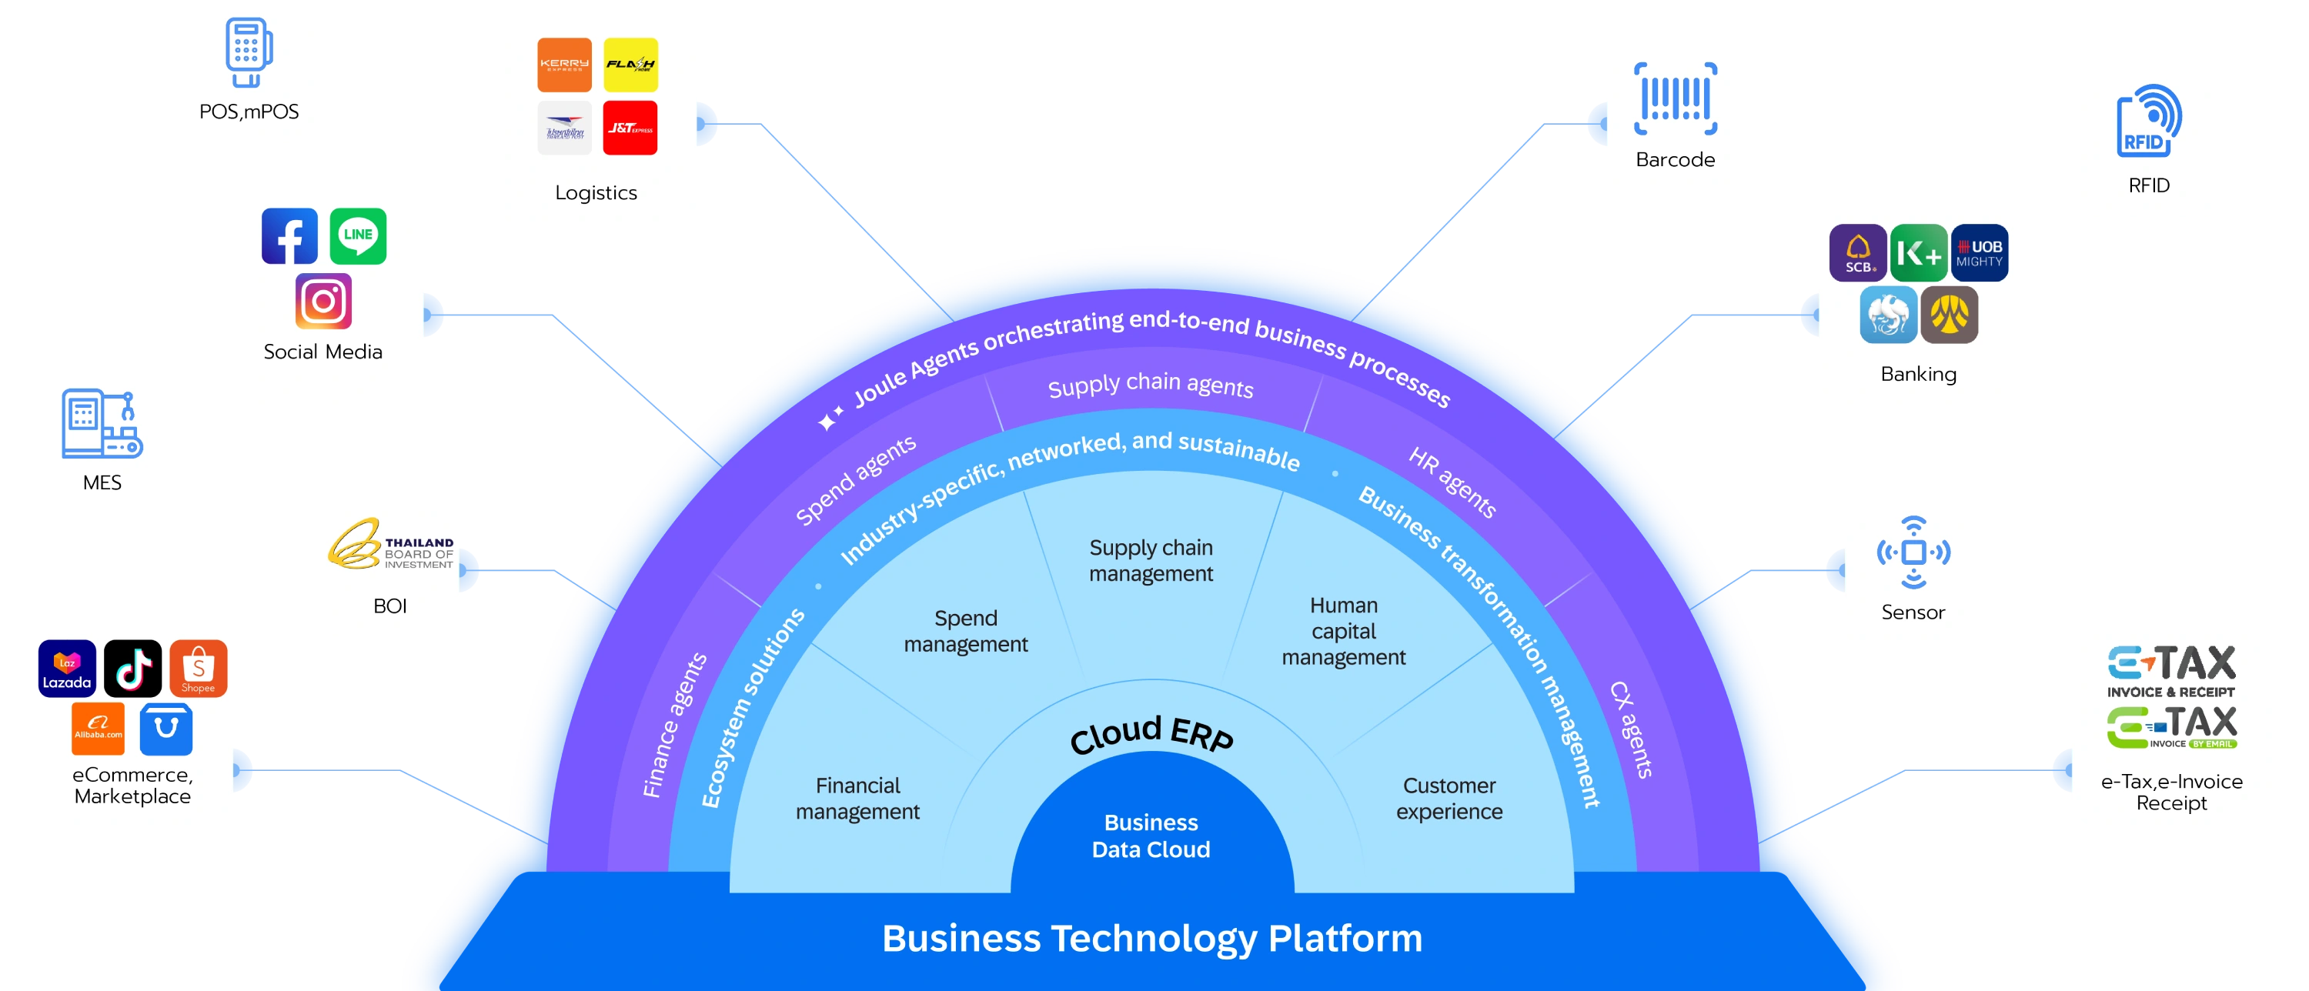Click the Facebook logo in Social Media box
click(289, 235)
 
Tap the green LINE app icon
click(358, 235)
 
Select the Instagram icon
click(322, 301)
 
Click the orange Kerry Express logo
click(564, 65)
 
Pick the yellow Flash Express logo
click(630, 65)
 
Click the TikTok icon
click(132, 669)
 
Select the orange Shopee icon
click(198, 669)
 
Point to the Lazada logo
click(67, 669)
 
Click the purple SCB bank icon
click(1857, 252)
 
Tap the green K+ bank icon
click(1918, 252)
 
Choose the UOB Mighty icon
click(1979, 252)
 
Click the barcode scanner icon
click(1674, 98)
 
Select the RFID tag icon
click(2149, 121)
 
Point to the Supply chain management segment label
click(1151, 560)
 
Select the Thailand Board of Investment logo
click(391, 544)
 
